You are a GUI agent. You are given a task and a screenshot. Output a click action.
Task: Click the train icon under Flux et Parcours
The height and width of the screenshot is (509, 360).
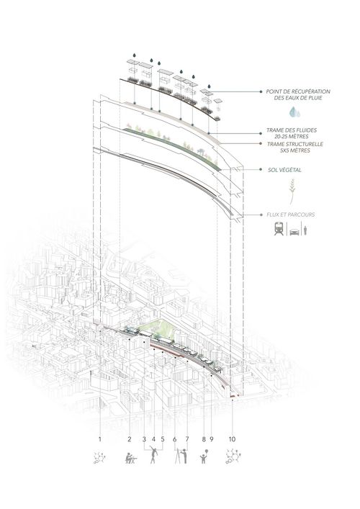coord(279,228)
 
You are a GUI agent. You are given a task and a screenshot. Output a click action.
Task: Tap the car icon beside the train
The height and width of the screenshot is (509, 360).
coord(294,232)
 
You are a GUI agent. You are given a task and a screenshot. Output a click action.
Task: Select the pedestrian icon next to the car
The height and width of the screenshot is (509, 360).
coord(305,230)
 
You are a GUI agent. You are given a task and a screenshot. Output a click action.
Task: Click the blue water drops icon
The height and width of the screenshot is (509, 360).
coord(294,112)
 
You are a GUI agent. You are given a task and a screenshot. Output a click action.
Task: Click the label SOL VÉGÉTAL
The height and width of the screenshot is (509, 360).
coord(284,170)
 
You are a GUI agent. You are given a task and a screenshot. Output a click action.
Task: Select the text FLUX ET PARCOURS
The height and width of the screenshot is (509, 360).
coord(291,215)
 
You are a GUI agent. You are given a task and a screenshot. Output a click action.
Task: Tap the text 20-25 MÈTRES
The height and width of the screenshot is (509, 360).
coord(291,136)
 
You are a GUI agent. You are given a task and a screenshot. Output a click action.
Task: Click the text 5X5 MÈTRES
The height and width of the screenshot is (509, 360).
coord(294,150)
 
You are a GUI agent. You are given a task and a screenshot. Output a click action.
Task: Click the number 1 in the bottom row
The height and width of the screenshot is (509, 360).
coord(100,439)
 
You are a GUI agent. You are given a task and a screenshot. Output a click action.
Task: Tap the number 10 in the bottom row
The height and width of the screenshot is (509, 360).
coord(232,439)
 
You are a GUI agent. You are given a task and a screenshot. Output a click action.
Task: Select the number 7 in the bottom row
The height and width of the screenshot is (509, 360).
coord(187,439)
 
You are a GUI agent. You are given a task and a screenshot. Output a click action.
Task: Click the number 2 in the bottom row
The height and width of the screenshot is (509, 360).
coord(130,439)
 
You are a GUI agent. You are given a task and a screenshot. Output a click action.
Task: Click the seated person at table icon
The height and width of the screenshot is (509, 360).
coord(131,458)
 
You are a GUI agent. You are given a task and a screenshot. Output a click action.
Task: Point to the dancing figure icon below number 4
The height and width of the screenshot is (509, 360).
coord(153,455)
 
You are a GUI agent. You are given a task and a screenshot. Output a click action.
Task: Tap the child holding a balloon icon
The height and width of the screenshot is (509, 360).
coord(204,456)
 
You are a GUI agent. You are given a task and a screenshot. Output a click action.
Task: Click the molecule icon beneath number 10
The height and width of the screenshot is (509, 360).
coord(233,456)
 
